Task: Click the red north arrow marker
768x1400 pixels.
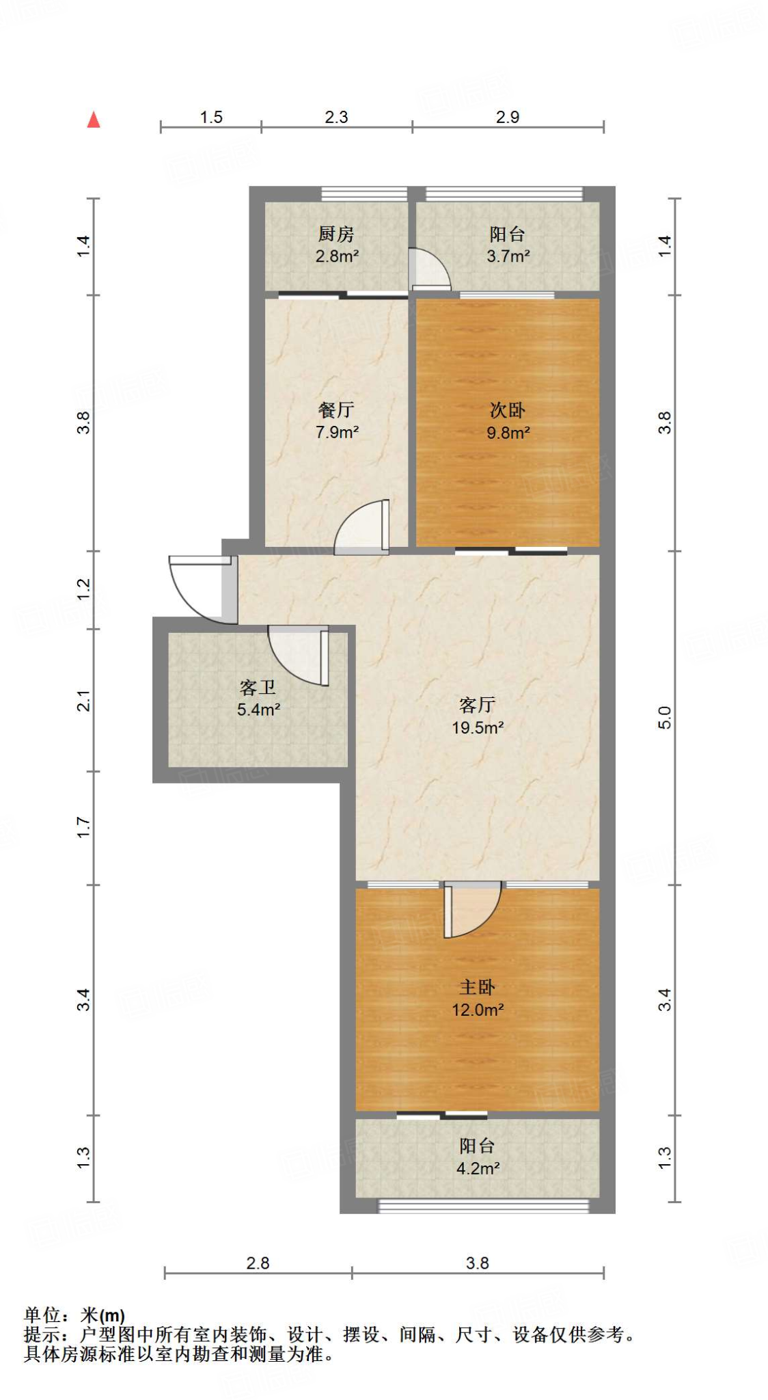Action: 94,120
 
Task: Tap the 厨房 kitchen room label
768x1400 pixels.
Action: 336,234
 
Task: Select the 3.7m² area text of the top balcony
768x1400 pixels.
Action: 508,256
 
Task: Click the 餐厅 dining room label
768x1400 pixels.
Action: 336,410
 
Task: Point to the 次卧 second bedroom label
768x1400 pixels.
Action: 508,410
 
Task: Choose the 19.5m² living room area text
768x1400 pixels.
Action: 478,727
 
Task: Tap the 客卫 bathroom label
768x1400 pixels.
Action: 258,688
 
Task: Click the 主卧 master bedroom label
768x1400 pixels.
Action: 478,987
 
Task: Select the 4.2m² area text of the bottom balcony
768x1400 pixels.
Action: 478,1168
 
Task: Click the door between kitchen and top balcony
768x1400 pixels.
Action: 428,269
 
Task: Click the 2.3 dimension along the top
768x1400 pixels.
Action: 336,118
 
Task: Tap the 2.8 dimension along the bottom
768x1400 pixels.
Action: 258,1263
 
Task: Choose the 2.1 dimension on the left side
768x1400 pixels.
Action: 83,701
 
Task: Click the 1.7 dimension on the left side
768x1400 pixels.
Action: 83,828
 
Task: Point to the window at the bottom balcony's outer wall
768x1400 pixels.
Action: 484,1206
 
